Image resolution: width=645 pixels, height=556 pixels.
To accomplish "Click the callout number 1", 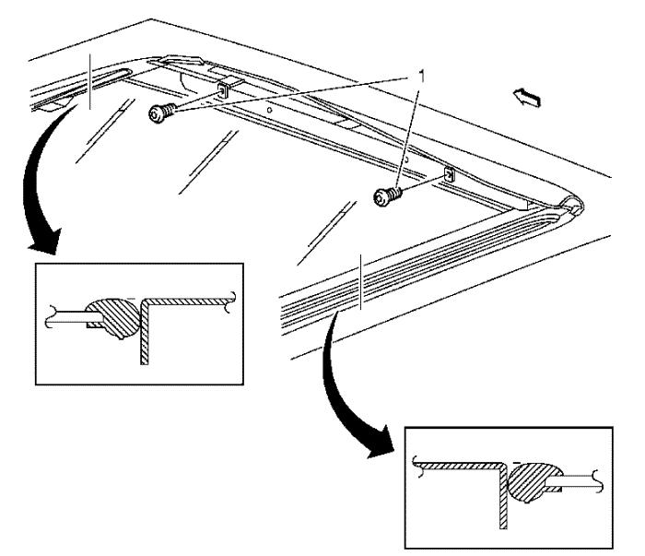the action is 421,77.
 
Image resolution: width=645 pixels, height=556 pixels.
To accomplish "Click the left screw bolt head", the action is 157,114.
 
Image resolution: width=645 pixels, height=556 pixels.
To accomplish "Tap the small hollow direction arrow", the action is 526,98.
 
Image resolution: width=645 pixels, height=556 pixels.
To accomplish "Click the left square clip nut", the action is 223,90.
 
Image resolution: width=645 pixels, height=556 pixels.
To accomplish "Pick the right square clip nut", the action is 450,174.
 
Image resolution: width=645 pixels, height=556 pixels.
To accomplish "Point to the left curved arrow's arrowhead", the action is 46,242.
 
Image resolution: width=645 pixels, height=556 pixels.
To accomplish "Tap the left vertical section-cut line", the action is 89,81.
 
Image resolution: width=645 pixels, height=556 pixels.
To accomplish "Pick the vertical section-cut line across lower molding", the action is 361,281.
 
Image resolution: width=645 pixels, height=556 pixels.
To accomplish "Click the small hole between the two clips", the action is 269,111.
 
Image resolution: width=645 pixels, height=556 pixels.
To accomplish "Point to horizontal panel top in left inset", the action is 188,302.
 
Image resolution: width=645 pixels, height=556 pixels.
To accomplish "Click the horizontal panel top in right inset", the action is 460,466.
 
